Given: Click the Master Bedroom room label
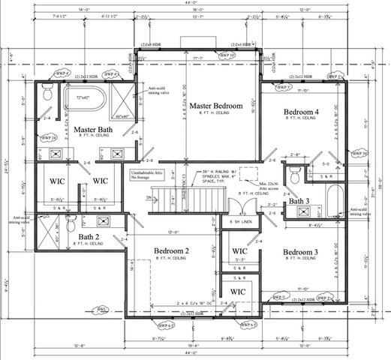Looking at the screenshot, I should point(215,106).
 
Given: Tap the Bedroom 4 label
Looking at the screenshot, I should point(300,112).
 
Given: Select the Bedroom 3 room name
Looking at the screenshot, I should point(300,253).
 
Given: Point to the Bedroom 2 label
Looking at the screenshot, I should point(172,250).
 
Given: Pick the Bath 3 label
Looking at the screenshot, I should point(299,201).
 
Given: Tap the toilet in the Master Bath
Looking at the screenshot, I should point(47,94).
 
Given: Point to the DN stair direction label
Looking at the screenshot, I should point(149,198).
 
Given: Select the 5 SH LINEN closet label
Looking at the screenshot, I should point(241,223).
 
